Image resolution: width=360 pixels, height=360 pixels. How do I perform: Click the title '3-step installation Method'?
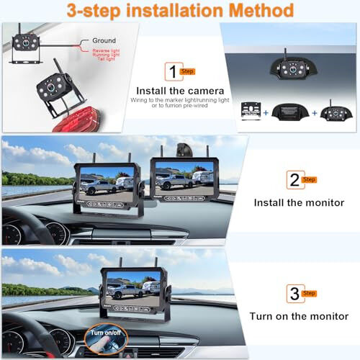point(180,11)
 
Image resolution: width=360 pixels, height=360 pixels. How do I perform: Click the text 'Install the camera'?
point(180,91)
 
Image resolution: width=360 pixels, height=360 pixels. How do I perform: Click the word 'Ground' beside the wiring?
point(104,41)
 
